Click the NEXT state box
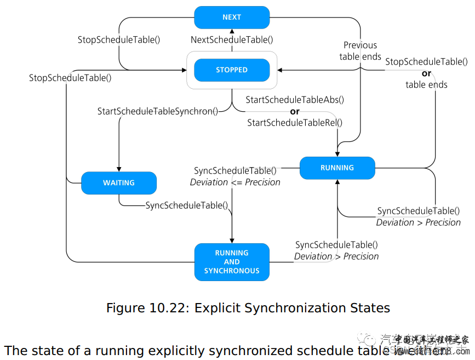click(232, 18)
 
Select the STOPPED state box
click(232, 70)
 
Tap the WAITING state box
click(119, 183)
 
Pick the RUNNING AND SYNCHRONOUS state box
click(232, 262)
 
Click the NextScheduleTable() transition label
click(232, 39)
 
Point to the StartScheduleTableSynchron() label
click(158, 111)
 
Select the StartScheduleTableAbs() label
click(295, 100)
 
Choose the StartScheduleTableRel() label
click(295, 123)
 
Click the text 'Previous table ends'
click(360, 51)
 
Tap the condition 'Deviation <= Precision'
click(235, 182)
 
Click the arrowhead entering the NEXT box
click(232, 31)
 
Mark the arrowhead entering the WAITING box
click(119, 169)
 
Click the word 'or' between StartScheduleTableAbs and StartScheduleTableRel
click(295, 111)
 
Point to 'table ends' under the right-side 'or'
click(426, 85)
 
